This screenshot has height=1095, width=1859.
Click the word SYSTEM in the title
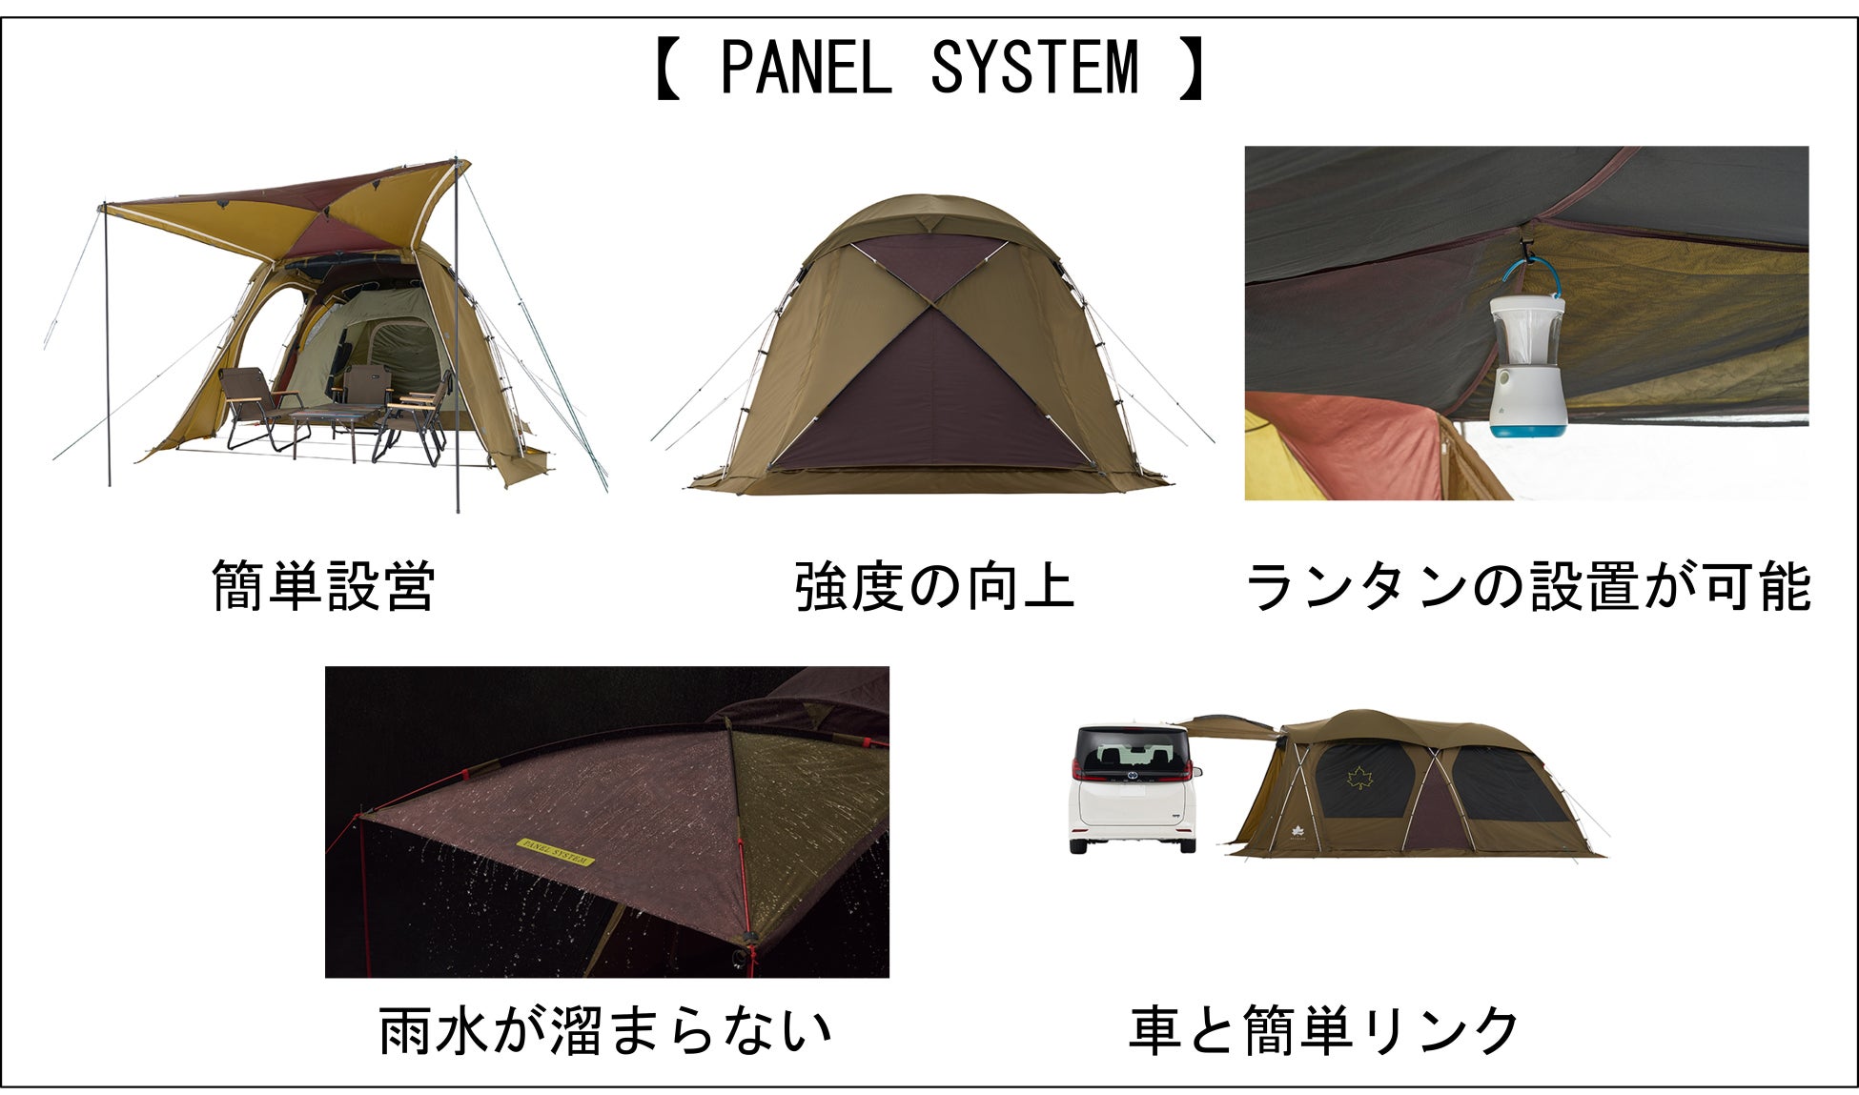(1033, 69)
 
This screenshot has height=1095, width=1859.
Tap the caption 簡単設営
(323, 586)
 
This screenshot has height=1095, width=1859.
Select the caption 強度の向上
(934, 586)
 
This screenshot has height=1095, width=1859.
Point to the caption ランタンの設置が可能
(1527, 586)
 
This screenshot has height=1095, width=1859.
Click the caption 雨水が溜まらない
(605, 1030)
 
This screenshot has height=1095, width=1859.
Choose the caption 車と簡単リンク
(1324, 1030)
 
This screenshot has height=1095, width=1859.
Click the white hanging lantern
(1526, 367)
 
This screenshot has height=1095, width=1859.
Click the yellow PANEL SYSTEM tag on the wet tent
(555, 852)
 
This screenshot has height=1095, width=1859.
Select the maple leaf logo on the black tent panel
(1359, 779)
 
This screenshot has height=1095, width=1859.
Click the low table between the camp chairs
(329, 416)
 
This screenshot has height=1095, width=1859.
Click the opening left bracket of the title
(667, 69)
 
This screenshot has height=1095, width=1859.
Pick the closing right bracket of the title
(1192, 69)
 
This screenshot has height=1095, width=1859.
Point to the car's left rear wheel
(1080, 844)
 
